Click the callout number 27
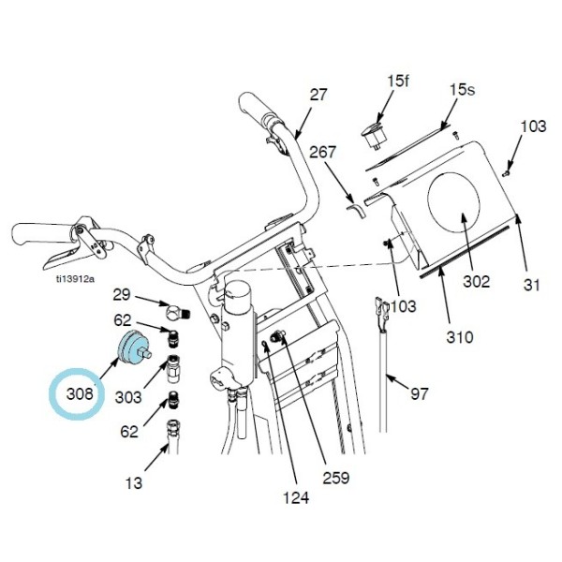click(x=319, y=94)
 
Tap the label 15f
click(x=398, y=81)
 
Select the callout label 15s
click(x=463, y=90)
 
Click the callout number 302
click(x=476, y=280)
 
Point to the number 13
click(x=135, y=483)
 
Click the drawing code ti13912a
click(x=74, y=278)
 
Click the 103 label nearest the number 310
click(x=404, y=306)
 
